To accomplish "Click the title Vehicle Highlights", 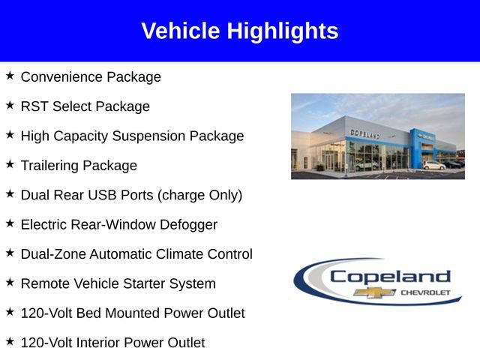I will (x=239, y=31).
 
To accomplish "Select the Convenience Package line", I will (x=91, y=77).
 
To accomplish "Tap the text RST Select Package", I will (x=85, y=106).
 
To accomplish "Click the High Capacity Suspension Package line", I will (x=132, y=136).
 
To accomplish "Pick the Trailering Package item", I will (x=79, y=166).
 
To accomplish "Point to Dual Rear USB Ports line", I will (x=131, y=195).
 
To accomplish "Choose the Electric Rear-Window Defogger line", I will (x=118, y=224).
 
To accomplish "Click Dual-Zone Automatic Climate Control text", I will (x=136, y=254).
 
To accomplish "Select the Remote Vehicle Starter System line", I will (x=118, y=283).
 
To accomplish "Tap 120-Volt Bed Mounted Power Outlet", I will (x=133, y=313).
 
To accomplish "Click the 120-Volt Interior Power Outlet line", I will (x=112, y=343).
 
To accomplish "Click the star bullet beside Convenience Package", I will (x=10, y=76).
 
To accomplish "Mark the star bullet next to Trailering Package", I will (x=10, y=164).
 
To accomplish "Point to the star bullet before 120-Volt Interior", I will (x=10, y=341).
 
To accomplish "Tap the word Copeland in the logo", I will (x=390, y=277).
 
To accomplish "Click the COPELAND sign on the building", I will (x=365, y=133).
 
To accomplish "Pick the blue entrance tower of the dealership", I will (x=417, y=146).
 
